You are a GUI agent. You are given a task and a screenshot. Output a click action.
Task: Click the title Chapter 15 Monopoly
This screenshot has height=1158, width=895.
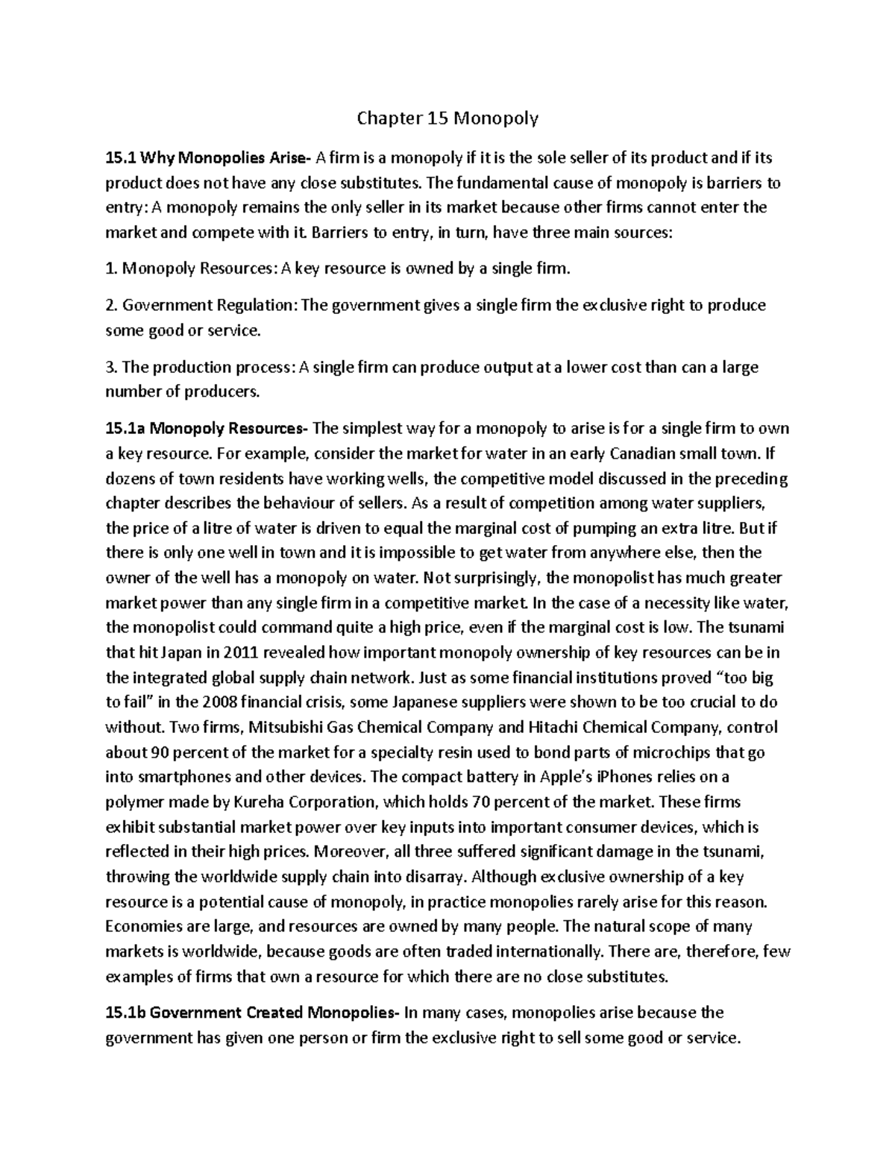pyautogui.click(x=447, y=118)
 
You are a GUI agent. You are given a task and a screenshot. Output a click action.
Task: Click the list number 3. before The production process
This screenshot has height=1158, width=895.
pyautogui.click(x=112, y=367)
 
